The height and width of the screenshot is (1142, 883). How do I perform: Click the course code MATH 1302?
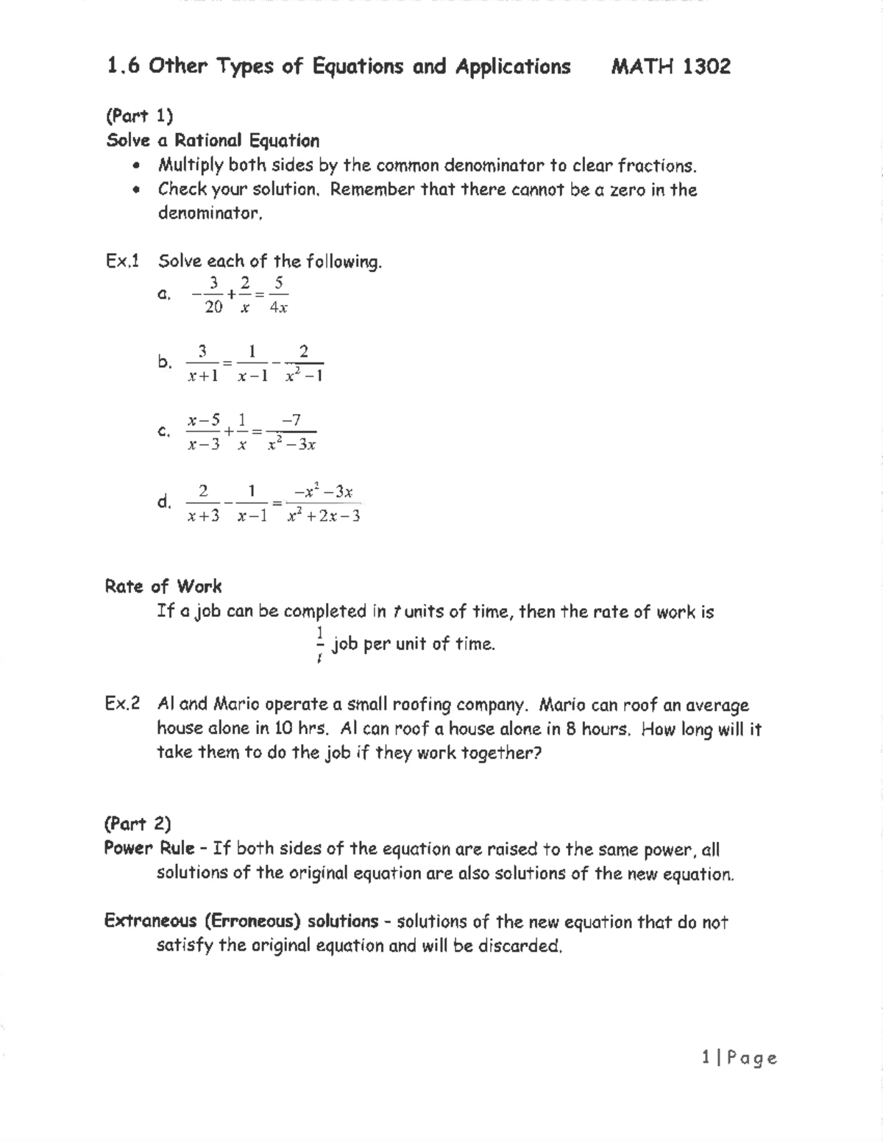[x=670, y=67]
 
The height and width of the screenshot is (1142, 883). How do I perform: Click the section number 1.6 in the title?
[x=123, y=67]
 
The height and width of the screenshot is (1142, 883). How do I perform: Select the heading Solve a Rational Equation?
[x=213, y=140]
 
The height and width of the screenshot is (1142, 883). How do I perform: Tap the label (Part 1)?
[x=140, y=115]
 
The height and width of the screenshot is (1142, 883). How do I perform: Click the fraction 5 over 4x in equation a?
[x=277, y=295]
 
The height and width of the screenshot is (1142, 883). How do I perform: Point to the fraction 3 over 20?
[x=213, y=295]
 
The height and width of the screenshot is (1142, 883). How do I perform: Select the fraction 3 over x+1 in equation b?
[x=202, y=363]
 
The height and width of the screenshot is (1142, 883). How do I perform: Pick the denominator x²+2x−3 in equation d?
[x=324, y=516]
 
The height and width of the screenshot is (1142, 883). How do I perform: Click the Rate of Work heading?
[x=163, y=586]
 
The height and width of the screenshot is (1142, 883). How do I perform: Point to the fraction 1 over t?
[x=320, y=645]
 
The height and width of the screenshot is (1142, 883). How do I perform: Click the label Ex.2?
[x=122, y=704]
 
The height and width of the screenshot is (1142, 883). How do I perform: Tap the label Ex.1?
[x=122, y=261]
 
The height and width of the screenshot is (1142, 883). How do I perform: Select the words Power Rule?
[x=149, y=848]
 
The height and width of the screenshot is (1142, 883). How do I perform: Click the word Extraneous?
[x=151, y=921]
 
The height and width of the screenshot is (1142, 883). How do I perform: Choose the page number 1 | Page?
[x=739, y=1057]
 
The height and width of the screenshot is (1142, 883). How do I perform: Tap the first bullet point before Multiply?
[x=135, y=165]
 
